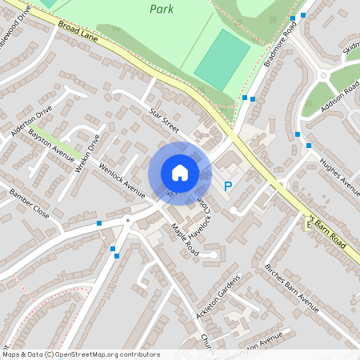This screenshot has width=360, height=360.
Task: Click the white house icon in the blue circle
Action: tap(179, 173)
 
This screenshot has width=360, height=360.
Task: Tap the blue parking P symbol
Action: tap(228, 186)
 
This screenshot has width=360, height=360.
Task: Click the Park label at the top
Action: tap(162, 10)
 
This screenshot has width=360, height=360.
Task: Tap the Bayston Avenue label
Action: tap(51, 140)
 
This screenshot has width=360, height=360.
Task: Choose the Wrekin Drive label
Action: tap(87, 147)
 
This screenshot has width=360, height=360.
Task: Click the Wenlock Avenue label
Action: tap(122, 179)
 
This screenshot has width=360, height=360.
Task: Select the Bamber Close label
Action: tap(30, 204)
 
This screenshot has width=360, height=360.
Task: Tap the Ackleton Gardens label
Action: tap(218, 297)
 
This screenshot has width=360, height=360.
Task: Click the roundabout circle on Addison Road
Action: tap(323, 76)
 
